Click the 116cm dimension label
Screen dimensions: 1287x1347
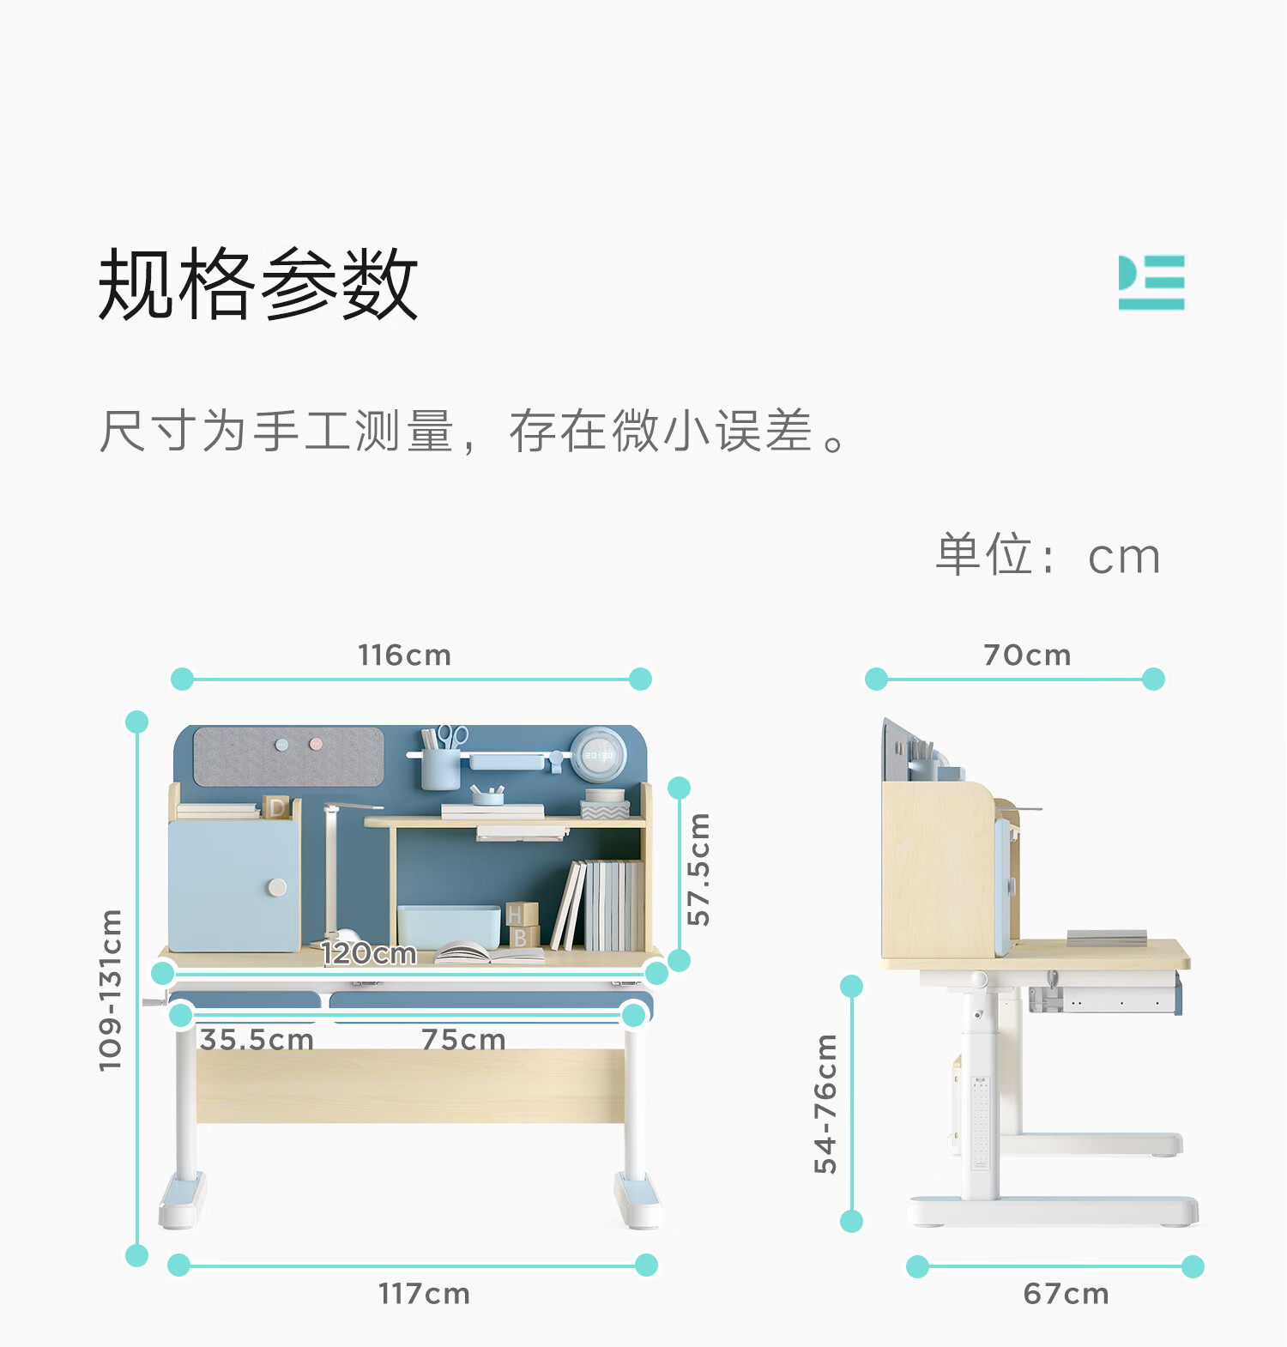tap(404, 655)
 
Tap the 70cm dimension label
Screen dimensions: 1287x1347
tap(1027, 655)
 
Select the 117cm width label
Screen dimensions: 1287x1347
tap(424, 1294)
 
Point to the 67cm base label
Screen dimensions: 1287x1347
tap(1066, 1294)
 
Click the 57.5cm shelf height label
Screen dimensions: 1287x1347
tap(699, 869)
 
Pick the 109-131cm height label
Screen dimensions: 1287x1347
tap(110, 990)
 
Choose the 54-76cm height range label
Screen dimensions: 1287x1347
tap(825, 1103)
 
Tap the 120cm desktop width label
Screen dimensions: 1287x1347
tap(368, 953)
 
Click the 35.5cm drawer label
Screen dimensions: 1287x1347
tap(257, 1040)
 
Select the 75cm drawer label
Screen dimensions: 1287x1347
tap(463, 1040)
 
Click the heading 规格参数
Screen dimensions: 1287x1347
tap(257, 284)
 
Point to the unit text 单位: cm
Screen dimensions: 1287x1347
tap(1048, 555)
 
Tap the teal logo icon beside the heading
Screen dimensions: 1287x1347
tap(1151, 282)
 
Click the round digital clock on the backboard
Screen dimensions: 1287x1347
tap(598, 755)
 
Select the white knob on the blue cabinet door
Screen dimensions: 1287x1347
tap(277, 887)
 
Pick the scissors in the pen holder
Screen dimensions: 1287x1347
tap(452, 736)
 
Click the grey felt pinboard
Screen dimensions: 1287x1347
tap(288, 757)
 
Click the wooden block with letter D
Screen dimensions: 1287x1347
tap(276, 807)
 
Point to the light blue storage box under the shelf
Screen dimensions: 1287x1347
tap(449, 927)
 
